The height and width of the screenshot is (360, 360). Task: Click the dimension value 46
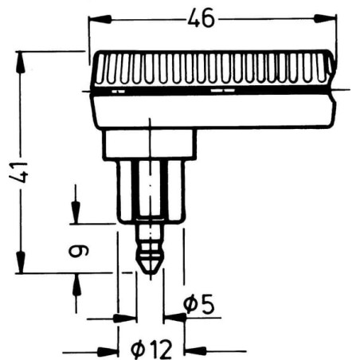(201, 18)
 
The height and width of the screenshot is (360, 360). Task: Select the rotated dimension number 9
(79, 251)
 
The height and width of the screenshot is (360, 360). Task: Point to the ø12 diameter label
(151, 350)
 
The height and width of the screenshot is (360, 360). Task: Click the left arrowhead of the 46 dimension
(100, 19)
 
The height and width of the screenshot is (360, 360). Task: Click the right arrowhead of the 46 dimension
(325, 18)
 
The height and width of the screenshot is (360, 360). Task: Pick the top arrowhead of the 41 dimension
(21, 62)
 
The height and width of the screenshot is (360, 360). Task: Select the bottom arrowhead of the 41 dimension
(21, 262)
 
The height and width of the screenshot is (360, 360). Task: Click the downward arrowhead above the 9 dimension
(76, 213)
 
